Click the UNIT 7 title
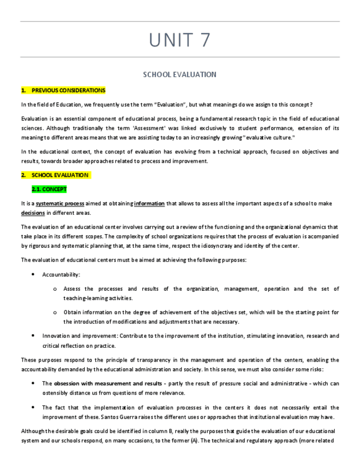click(x=180, y=40)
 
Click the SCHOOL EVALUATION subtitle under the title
click(x=180, y=74)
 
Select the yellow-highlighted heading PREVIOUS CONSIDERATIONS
click(x=68, y=90)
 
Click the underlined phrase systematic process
click(x=60, y=203)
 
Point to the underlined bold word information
click(x=149, y=203)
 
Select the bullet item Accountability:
click(x=61, y=274)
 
